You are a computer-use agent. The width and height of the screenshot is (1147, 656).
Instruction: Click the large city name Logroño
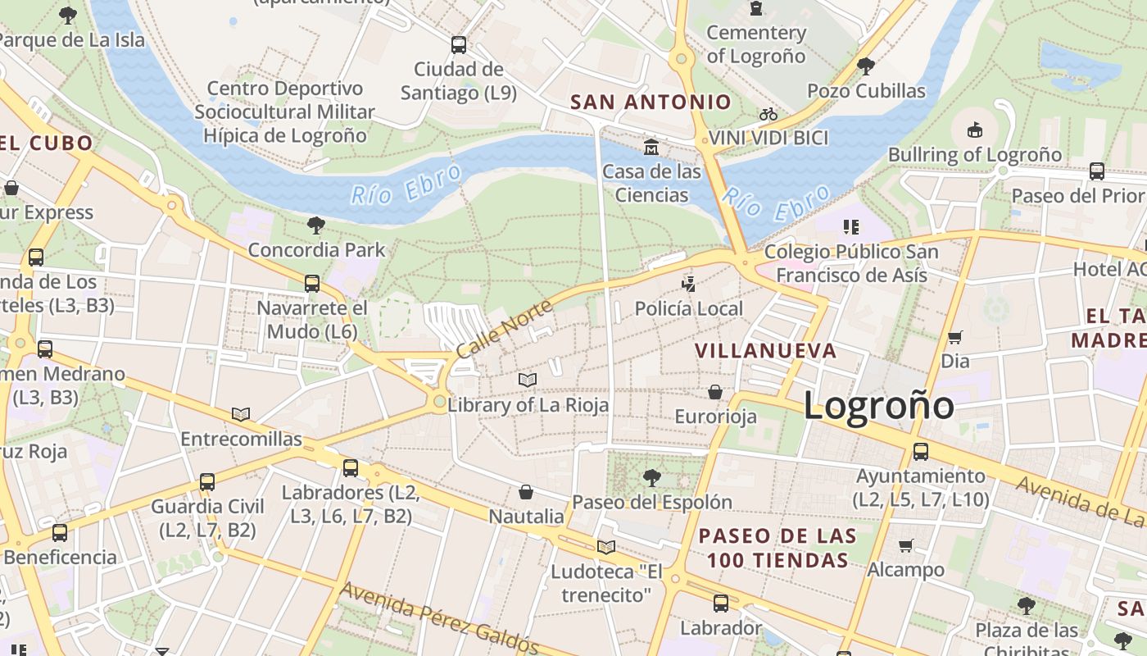click(878, 406)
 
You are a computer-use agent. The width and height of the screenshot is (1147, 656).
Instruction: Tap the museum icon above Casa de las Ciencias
click(651, 147)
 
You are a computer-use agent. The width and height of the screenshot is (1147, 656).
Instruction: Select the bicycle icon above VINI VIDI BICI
click(768, 114)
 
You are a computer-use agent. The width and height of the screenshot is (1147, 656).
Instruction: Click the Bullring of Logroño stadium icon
click(974, 130)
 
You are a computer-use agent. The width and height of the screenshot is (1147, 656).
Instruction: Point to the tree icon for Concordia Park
click(315, 225)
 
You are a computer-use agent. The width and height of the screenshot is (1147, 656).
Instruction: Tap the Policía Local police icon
click(689, 284)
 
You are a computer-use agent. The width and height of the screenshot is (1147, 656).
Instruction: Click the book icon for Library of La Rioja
click(528, 380)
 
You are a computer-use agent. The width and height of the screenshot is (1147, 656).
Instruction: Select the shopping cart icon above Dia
click(954, 337)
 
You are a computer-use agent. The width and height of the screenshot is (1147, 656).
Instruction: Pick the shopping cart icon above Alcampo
click(905, 545)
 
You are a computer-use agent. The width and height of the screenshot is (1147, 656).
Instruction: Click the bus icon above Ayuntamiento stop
click(921, 451)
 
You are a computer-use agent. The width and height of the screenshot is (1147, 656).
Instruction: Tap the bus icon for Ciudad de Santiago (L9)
click(459, 44)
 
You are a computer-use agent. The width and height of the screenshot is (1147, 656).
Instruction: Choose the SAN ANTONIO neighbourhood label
click(651, 102)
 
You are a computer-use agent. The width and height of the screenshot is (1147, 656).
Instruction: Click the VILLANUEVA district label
click(765, 351)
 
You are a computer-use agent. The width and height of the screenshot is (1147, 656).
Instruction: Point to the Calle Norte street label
click(503, 329)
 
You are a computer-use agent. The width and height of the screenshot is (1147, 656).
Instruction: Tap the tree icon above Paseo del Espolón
click(651, 477)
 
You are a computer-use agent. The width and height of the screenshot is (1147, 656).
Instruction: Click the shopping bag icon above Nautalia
click(526, 492)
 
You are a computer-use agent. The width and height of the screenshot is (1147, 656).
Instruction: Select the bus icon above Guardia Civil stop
click(207, 481)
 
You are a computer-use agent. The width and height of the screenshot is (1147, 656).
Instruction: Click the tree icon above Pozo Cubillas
click(866, 66)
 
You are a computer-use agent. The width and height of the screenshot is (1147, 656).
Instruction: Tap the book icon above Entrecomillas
click(241, 415)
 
